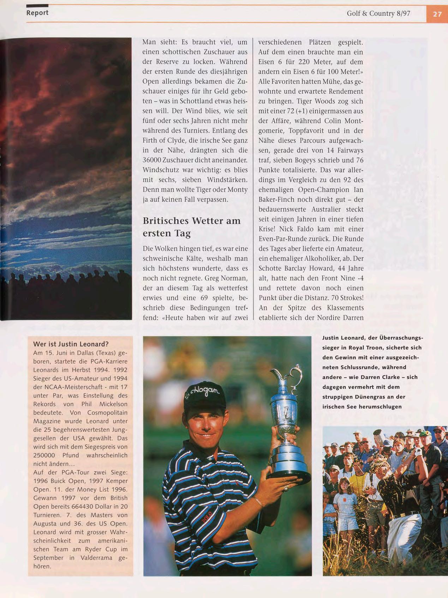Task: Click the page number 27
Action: pyautogui.click(x=437, y=14)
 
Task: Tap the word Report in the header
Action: pyautogui.click(x=37, y=13)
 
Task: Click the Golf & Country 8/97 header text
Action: pyautogui.click(x=378, y=14)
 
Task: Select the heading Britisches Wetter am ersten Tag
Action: pyautogui.click(x=192, y=227)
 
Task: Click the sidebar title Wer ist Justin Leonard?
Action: pyautogui.click(x=71, y=344)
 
